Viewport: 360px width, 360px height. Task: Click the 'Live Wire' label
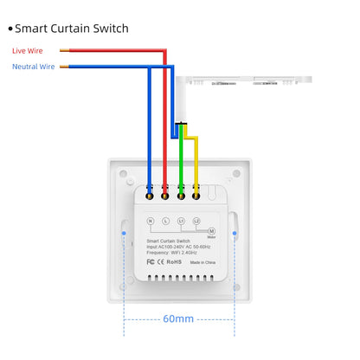27,51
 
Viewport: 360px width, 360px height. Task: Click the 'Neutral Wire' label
33,66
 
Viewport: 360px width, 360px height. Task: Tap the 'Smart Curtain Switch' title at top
71,28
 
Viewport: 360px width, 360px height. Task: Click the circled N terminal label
151,222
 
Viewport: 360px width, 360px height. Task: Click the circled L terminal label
165,222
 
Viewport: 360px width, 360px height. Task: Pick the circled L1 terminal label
181,222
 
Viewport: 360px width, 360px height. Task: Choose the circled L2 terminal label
196,222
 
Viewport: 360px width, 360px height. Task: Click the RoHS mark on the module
173,260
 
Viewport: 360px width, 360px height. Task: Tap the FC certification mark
151,260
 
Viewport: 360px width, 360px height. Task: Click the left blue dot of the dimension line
125,233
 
